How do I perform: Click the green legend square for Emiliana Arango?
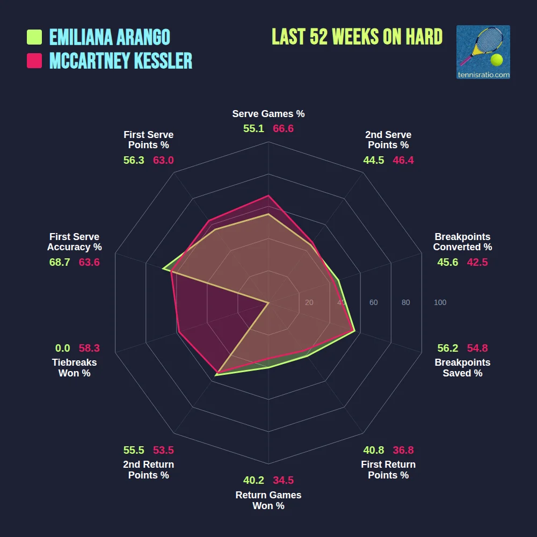pyautogui.click(x=34, y=37)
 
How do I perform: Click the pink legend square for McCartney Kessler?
pyautogui.click(x=34, y=61)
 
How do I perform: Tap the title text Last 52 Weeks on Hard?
pyautogui.click(x=357, y=37)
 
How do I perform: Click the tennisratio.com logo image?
pyautogui.click(x=483, y=52)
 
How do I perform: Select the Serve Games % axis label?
pyautogui.click(x=268, y=114)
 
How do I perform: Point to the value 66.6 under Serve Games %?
pyautogui.click(x=283, y=129)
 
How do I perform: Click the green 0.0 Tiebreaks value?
pyautogui.click(x=62, y=348)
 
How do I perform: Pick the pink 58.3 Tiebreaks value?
pyautogui.click(x=89, y=348)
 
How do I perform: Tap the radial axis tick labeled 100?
pyautogui.click(x=440, y=303)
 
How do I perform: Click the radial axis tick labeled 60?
pyautogui.click(x=373, y=303)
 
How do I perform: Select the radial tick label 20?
pyautogui.click(x=309, y=303)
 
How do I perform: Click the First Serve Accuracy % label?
pyautogui.click(x=74, y=242)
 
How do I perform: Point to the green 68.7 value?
pyautogui.click(x=59, y=262)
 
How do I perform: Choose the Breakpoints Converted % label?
pyautogui.click(x=462, y=242)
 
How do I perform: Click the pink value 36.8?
pyautogui.click(x=403, y=450)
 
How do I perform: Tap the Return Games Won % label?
pyautogui.click(x=268, y=500)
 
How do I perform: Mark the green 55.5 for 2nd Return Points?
pyautogui.click(x=134, y=450)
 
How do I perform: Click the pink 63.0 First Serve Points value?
pyautogui.click(x=163, y=160)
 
